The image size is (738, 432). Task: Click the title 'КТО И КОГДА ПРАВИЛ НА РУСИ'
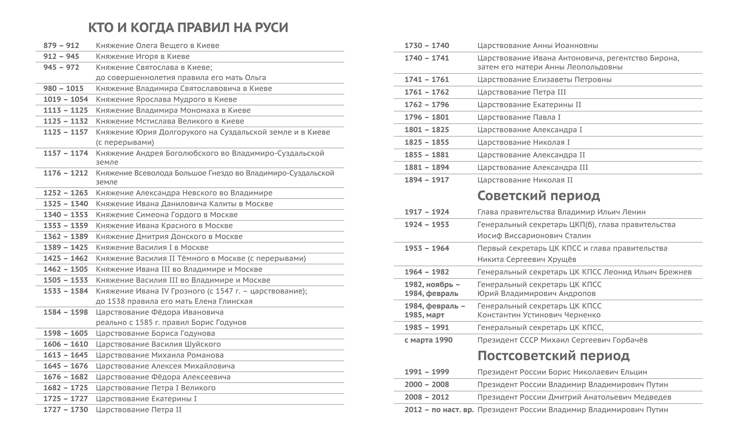[188, 27]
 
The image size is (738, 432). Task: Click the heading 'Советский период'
[539, 195]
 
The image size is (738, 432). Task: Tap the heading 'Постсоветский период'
[553, 356]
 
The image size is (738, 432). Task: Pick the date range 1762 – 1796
[427, 105]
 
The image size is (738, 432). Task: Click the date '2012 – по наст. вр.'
[439, 410]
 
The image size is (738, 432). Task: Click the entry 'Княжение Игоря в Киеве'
[143, 57]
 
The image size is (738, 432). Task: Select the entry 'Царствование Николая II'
[525, 180]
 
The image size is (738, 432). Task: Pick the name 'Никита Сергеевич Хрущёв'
[527, 260]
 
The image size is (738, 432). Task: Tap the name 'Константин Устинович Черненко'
[539, 315]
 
